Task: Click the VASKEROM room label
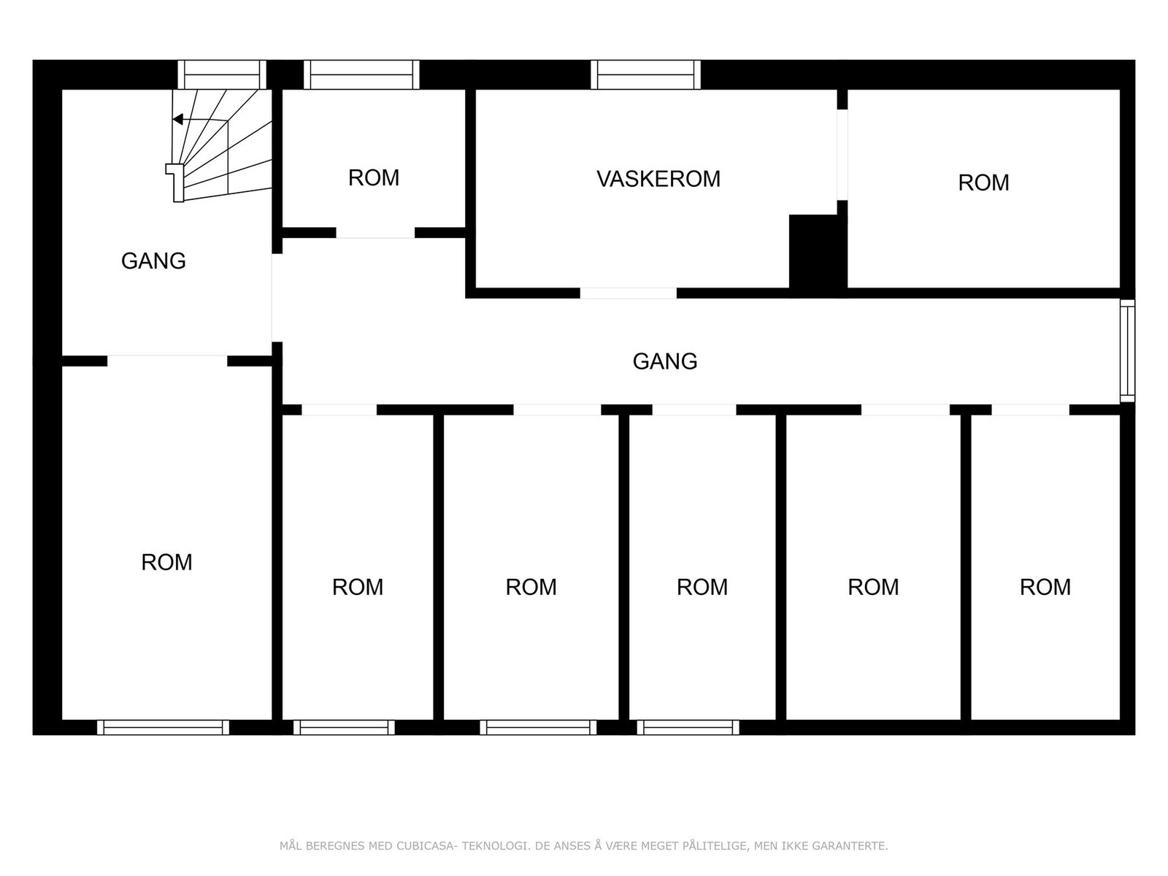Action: click(x=658, y=179)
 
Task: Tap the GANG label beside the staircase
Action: click(x=153, y=261)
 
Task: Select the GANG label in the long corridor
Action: click(x=664, y=361)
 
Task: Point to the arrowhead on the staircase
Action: click(x=177, y=120)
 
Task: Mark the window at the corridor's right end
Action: click(x=1128, y=351)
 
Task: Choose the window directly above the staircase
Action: click(x=222, y=74)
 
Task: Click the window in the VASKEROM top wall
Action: click(x=645, y=74)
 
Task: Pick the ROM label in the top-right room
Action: click(x=983, y=182)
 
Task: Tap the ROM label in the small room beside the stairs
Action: click(x=374, y=178)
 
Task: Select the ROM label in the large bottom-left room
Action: click(x=166, y=562)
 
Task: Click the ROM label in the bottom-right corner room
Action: click(x=1045, y=587)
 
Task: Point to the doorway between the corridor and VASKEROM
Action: click(x=629, y=293)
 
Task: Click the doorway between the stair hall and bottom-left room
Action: click(x=167, y=361)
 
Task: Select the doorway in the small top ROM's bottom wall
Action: click(x=375, y=233)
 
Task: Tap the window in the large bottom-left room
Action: click(x=163, y=727)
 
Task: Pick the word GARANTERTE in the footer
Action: click(x=851, y=846)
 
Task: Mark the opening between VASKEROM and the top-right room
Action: click(x=842, y=154)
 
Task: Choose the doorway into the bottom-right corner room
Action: click(x=1030, y=410)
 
